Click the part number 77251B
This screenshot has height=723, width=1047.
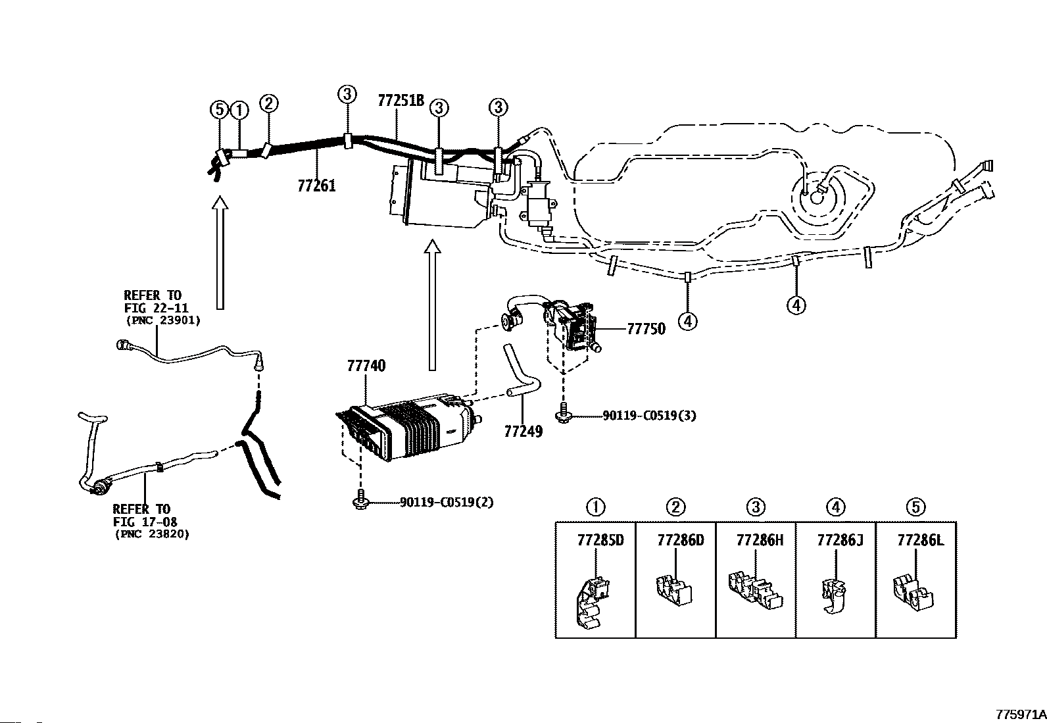point(401,101)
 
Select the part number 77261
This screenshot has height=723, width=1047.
point(317,186)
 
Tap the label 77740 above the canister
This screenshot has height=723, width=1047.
point(366,366)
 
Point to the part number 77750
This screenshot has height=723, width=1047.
point(646,329)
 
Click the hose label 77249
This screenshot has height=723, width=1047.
point(523,431)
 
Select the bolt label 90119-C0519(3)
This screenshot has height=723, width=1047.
point(649,415)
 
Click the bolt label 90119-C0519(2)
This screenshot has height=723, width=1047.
point(447,502)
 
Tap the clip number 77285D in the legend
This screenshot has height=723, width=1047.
point(600,540)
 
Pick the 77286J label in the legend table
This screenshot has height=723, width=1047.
point(840,540)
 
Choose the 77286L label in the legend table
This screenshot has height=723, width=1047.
point(920,540)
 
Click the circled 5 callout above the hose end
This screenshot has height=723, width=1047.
point(219,111)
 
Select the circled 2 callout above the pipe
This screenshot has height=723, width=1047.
point(269,103)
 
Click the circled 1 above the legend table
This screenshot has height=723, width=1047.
point(596,507)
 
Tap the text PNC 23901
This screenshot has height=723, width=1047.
point(163,321)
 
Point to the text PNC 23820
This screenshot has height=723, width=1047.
point(153,534)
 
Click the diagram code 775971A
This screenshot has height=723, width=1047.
point(1021,715)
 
